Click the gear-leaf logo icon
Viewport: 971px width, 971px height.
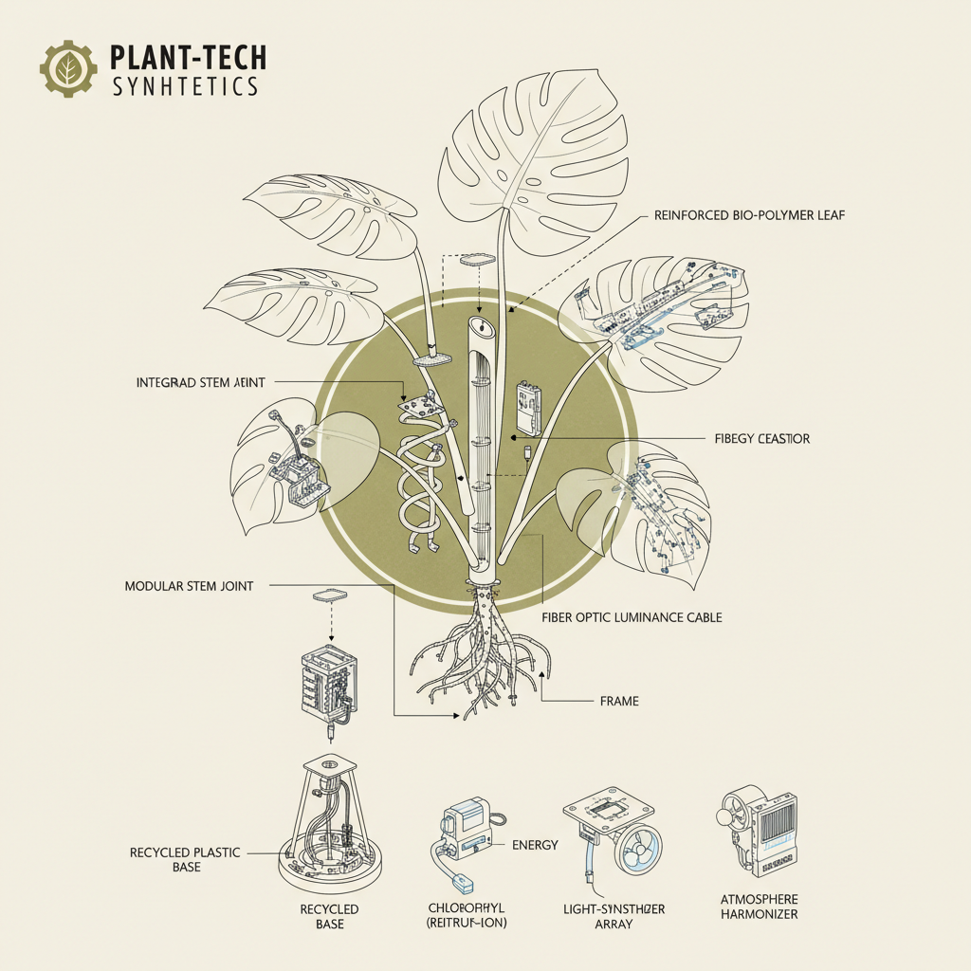point(68,68)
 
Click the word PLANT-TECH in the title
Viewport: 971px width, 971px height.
point(189,58)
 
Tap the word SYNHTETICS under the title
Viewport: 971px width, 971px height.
point(185,86)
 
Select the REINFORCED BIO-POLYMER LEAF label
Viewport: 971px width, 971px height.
point(749,215)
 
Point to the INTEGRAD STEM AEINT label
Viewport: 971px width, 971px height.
point(201,382)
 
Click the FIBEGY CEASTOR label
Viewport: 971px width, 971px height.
point(761,440)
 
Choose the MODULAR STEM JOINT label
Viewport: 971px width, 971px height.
point(189,586)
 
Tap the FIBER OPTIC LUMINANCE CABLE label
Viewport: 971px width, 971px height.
point(632,617)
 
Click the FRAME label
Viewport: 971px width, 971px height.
point(619,701)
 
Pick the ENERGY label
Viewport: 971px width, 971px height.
point(535,845)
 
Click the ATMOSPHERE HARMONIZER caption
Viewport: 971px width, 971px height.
point(758,907)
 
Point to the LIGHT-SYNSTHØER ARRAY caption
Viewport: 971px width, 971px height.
point(608,916)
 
